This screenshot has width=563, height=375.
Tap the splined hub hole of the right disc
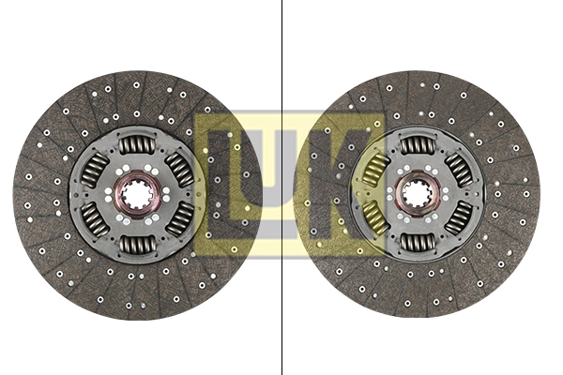pos(416,195)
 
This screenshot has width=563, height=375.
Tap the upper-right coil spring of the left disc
pos(178,170)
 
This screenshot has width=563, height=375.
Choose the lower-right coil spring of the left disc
pos(178,221)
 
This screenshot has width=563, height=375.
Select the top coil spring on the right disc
pos(416,144)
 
